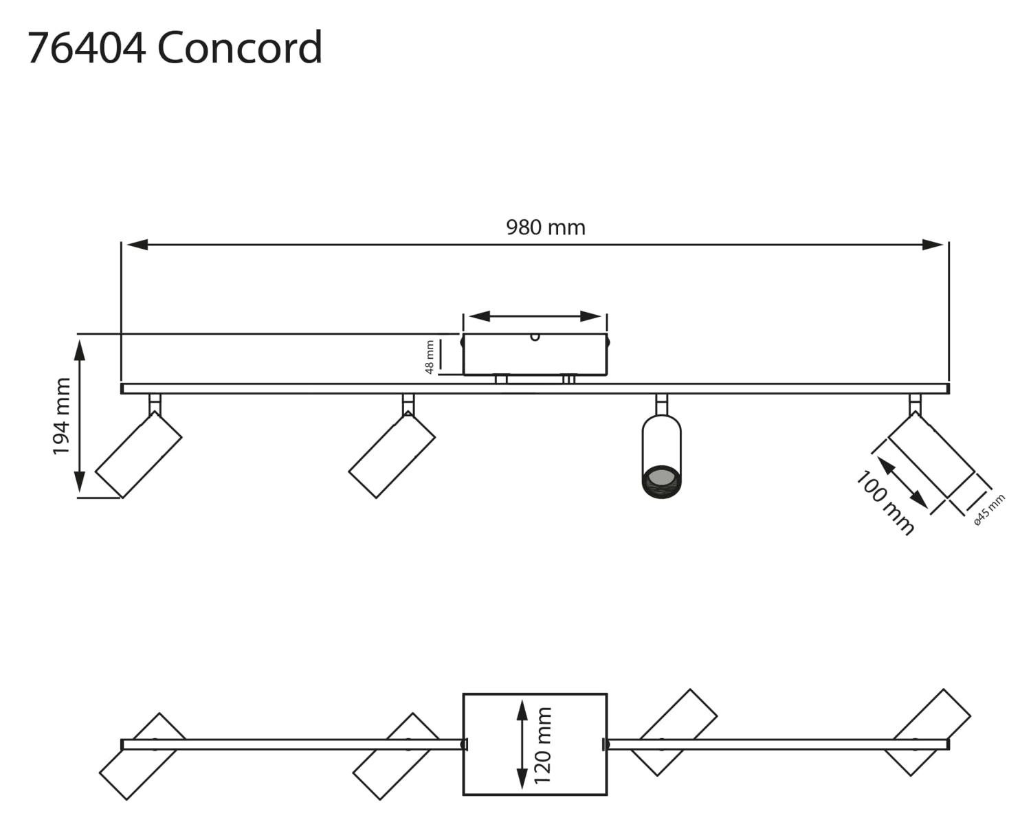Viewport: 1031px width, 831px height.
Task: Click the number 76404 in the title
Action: tap(86, 48)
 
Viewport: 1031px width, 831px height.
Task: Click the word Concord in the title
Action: tap(240, 48)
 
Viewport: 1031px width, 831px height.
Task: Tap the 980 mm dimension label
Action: tap(546, 228)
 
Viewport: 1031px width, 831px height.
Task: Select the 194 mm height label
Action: tap(63, 416)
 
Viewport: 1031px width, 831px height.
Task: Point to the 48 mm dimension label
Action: tap(430, 357)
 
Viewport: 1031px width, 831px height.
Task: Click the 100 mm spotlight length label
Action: tap(885, 503)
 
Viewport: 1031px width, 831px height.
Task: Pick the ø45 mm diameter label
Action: tap(990, 510)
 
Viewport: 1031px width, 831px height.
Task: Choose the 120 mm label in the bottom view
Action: tap(543, 745)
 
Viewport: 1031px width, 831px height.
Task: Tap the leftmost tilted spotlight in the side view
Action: tap(138, 455)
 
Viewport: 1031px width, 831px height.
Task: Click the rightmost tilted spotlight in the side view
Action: tap(931, 455)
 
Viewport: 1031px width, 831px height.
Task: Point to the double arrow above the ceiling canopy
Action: tap(535, 316)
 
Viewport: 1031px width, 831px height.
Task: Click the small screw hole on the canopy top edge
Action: tap(535, 337)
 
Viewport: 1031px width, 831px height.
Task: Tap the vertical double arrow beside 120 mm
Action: tap(522, 744)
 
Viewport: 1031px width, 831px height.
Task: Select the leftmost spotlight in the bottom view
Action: tap(143, 756)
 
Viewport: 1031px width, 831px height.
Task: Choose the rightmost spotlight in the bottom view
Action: tap(927, 732)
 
